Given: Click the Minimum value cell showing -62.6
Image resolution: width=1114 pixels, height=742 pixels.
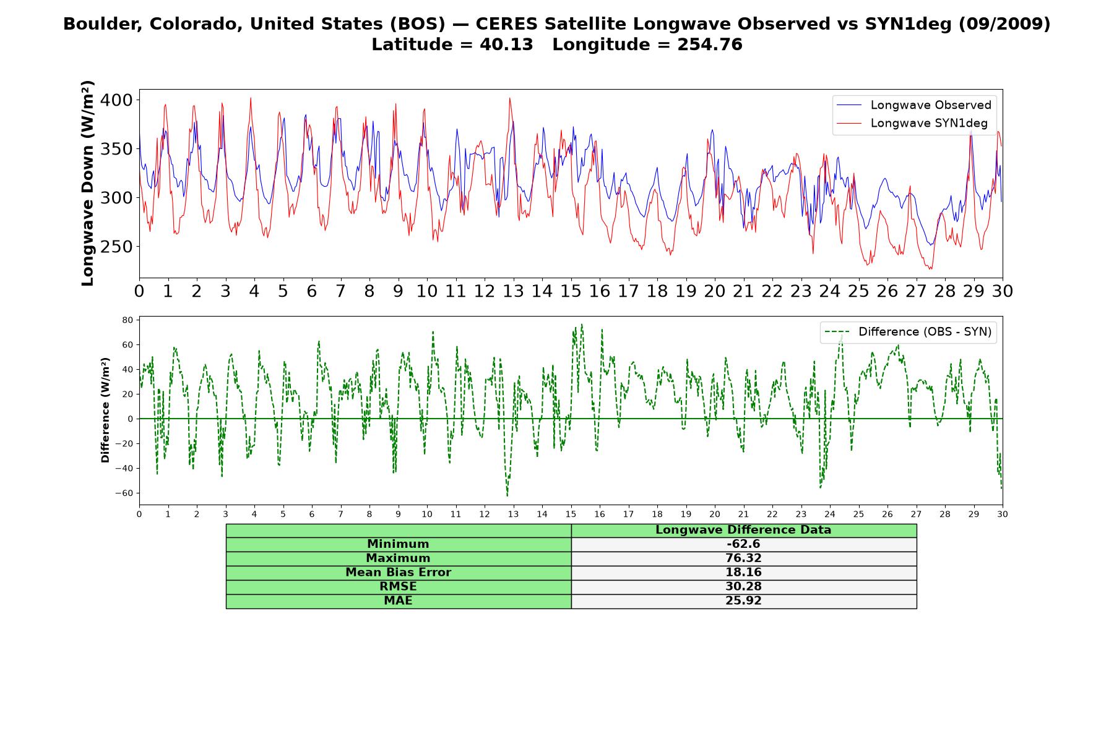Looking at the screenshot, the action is [x=743, y=544].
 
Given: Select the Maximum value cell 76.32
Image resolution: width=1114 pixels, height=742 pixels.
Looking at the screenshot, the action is [x=743, y=558].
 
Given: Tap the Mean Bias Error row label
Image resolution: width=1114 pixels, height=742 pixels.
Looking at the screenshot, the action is [x=398, y=573].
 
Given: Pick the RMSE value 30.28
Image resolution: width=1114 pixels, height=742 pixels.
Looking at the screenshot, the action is [x=743, y=587].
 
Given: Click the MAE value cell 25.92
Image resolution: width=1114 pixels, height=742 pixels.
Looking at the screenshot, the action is [x=743, y=601].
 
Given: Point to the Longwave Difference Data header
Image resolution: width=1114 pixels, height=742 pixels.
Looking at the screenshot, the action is [x=743, y=530].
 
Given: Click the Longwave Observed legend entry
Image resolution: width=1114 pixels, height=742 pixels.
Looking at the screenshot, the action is [x=914, y=105].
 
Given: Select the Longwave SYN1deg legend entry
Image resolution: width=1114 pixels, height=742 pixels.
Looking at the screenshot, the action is [x=912, y=123].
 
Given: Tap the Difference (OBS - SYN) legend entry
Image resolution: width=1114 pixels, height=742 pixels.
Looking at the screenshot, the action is [x=908, y=332].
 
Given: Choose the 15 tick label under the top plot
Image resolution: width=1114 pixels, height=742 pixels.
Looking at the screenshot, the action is [x=571, y=291].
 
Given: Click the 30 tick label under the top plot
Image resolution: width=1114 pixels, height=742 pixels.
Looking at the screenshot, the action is [x=1002, y=291].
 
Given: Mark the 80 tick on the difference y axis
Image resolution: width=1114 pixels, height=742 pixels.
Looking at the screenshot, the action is [x=128, y=320].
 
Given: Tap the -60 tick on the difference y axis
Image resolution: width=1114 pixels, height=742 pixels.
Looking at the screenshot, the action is [x=124, y=493].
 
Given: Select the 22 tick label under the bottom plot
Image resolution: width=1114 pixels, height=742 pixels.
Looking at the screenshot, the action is [x=772, y=514].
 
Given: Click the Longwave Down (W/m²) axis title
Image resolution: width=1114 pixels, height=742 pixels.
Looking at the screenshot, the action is [x=88, y=183].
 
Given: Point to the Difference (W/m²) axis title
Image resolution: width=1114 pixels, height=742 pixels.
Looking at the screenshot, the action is [x=105, y=410].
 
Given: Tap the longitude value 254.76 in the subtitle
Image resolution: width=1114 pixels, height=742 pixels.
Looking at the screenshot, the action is [x=710, y=45].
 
